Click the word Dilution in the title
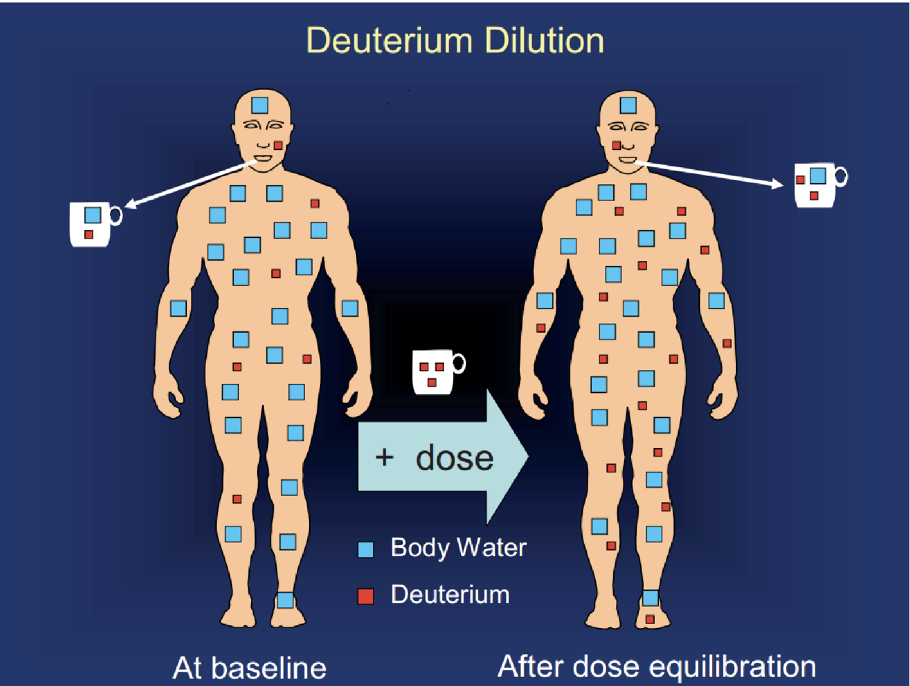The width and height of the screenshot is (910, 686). pos(544,41)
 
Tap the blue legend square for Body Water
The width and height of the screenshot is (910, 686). pos(366,550)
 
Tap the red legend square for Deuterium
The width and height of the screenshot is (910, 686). pos(366,596)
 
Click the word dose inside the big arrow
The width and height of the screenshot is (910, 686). pos(454,458)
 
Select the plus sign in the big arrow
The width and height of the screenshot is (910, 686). pos(384,457)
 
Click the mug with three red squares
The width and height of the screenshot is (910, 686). pos(434,372)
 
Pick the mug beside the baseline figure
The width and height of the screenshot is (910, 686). pos(91,224)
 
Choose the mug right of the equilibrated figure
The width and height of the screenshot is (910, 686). pos(816,185)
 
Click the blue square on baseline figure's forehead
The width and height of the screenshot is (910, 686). pos(260,105)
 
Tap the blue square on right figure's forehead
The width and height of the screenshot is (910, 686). pos(628,105)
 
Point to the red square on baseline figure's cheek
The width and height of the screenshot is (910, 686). pos(278,145)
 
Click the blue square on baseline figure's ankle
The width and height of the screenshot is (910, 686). pos(285,600)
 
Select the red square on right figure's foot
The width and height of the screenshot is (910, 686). pos(650,619)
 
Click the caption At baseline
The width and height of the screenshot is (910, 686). pos(249,668)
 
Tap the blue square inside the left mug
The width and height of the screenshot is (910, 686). pos(93,215)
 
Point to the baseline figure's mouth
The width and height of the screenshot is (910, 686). pos(263,160)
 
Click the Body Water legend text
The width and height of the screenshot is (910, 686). pos(458,548)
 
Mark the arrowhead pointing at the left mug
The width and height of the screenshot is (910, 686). pos(130,205)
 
